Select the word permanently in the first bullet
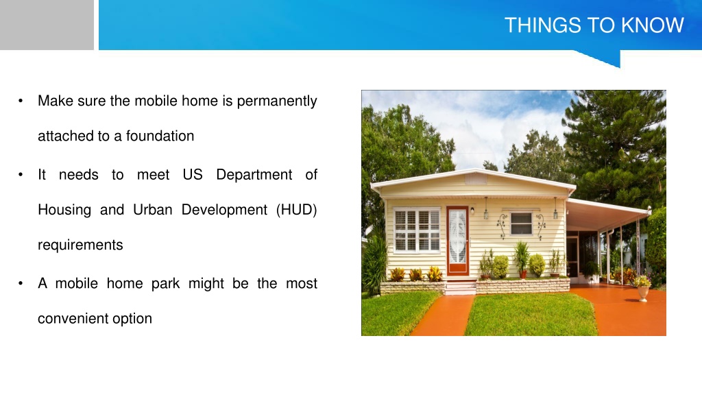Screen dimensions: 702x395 click(x=277, y=101)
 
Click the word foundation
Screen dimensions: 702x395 click(x=160, y=136)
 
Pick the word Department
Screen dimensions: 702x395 click(x=254, y=175)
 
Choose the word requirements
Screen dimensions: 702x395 click(x=80, y=246)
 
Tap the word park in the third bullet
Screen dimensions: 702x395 click(x=165, y=284)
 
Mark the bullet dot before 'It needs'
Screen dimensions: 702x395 click(x=21, y=175)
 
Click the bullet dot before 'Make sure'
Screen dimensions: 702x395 click(x=21, y=101)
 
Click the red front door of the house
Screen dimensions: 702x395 click(x=457, y=241)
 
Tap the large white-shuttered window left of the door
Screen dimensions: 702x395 click(x=417, y=230)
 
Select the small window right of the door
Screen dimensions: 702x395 click(x=521, y=224)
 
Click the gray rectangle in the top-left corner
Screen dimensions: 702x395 click(x=47, y=25)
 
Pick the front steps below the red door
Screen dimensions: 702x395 click(x=461, y=287)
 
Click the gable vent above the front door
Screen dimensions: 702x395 click(x=476, y=179)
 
